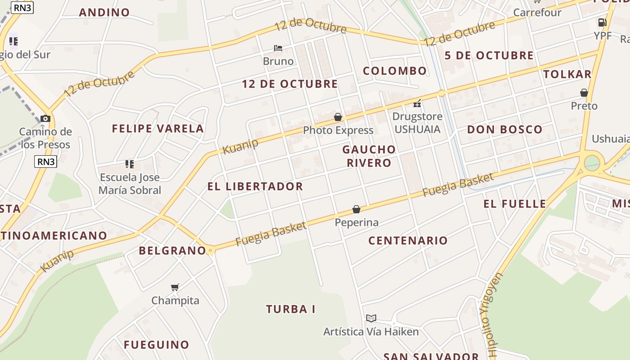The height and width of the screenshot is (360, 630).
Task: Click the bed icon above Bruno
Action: coord(278,48)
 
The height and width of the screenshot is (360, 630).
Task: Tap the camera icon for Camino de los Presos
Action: coord(45,118)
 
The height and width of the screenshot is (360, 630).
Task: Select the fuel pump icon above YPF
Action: coord(602,22)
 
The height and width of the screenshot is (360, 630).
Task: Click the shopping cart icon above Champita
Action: coord(175,287)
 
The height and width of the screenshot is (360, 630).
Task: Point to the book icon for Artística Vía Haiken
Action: coord(371,318)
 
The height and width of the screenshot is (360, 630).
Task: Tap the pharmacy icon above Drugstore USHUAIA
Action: coord(417,103)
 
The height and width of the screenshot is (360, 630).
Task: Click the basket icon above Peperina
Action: coord(356,209)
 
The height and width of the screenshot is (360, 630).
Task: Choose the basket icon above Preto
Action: coord(584,93)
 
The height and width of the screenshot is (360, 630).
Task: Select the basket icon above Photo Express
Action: coord(338,117)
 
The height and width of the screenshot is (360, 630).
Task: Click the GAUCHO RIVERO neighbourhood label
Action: coord(369,156)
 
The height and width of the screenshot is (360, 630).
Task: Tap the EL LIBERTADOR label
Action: coord(255,186)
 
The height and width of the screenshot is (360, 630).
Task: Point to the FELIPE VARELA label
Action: coord(158,129)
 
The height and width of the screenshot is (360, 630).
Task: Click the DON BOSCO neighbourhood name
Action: coord(504,130)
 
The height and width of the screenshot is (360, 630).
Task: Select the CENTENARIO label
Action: coord(408,240)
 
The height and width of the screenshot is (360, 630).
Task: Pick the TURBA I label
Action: coord(290,309)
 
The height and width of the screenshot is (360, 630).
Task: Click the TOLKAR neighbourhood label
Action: coord(567,74)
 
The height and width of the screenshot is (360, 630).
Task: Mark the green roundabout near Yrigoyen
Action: coord(591,162)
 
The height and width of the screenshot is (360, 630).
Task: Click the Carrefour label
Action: coord(537,12)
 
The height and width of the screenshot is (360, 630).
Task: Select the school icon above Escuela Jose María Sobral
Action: coord(130,164)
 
